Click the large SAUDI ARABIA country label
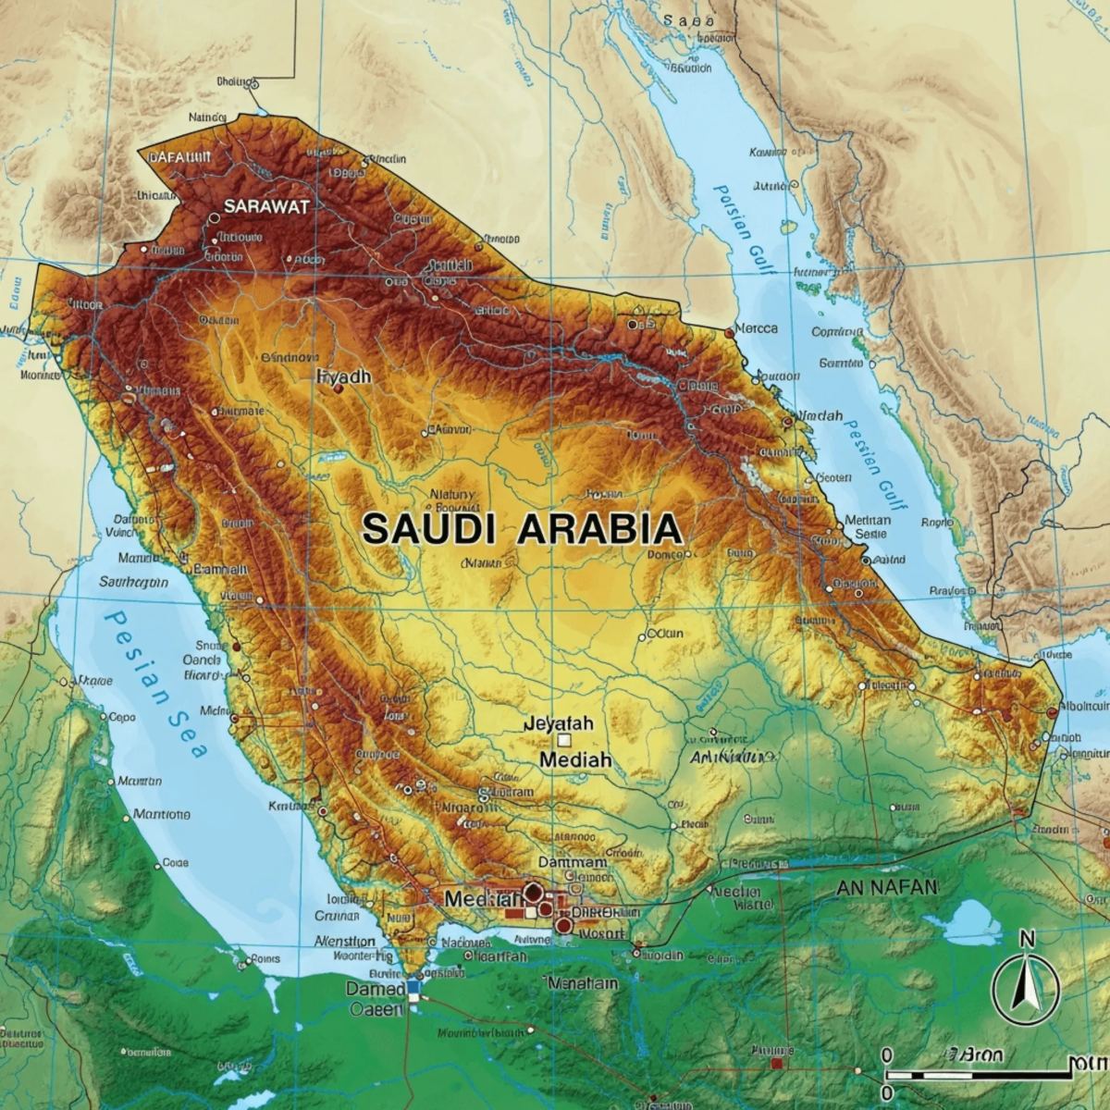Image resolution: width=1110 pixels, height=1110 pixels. pos(522,529)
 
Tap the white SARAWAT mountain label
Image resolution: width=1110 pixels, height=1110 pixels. pos(266,206)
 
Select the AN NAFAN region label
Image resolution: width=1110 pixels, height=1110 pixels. pos(886,887)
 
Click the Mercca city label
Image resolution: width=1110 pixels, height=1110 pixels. pos(756,328)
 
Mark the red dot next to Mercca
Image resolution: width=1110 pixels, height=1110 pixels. pos(730,331)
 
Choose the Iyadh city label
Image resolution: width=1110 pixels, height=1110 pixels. pos(343,376)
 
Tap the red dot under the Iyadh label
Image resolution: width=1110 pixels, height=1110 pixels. pos(338,389)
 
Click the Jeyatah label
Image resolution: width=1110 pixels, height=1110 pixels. pos(558,723)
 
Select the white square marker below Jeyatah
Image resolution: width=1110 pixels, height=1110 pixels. pos(563,740)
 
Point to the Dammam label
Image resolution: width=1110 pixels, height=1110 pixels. pos(572,861)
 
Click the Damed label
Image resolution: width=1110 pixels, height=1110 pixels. pos(376,989)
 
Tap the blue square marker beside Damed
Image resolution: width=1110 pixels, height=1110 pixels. pos(413,988)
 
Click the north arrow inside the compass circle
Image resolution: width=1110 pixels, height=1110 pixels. pos(1025,988)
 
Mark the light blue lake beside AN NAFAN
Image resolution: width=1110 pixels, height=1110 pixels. pos(970,921)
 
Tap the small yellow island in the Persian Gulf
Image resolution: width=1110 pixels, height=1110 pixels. pos(789,227)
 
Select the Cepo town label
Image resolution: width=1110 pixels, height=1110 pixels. pos(121,716)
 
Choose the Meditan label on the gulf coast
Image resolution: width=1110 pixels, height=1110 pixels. pos(868,520)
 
